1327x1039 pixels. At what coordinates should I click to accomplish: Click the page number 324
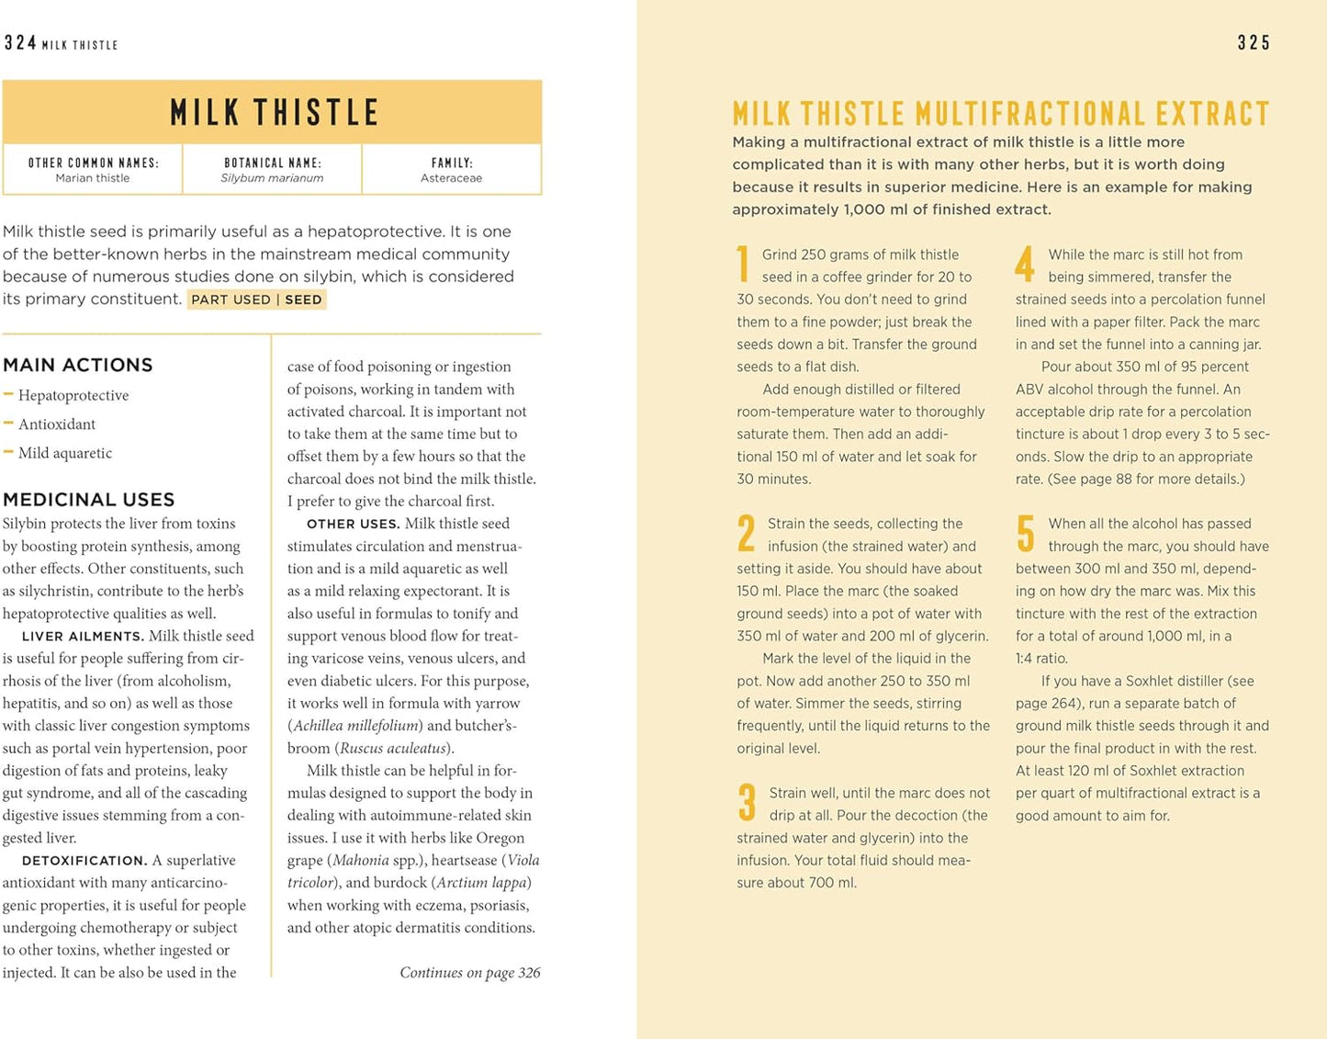pos(20,43)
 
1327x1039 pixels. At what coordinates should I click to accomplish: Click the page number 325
pos(1254,43)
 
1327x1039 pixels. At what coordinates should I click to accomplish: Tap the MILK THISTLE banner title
pos(274,112)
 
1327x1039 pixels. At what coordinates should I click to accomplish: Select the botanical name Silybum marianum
pos(272,178)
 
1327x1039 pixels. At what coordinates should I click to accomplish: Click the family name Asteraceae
pos(451,178)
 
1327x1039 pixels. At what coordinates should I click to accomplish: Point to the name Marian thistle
pos(93,178)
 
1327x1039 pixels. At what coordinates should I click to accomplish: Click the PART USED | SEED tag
pos(256,299)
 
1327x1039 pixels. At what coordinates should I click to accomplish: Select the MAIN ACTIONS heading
pos(78,365)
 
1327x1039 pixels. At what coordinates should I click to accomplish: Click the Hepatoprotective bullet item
pos(73,396)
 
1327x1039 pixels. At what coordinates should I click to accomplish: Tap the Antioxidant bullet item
pos(57,424)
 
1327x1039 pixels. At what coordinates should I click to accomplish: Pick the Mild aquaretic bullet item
pos(65,453)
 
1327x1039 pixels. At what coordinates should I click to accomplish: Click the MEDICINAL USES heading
pos(88,500)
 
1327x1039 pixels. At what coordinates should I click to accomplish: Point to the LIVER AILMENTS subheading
pos(83,637)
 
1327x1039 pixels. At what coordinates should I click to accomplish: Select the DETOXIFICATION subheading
pos(84,861)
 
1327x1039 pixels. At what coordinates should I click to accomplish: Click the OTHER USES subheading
pos(353,525)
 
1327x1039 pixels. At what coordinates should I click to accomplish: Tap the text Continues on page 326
pos(469,973)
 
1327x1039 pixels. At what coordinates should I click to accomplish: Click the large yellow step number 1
pos(743,265)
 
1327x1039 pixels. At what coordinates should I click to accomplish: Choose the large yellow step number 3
pos(747,802)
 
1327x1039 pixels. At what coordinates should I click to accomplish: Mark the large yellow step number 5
pos(1026,534)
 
